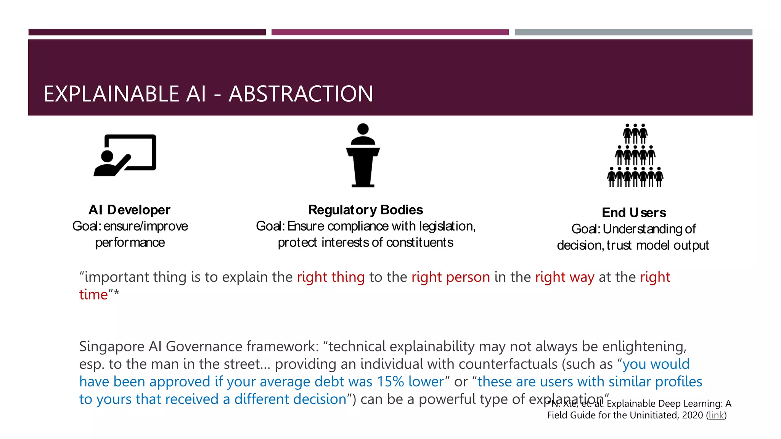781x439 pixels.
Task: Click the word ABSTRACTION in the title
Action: click(301, 94)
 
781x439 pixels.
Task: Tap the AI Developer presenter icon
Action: click(125, 155)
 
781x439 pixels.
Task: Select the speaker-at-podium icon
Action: click(363, 155)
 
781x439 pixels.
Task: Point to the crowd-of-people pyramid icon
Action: click(635, 155)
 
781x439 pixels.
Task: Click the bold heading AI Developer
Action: click(129, 210)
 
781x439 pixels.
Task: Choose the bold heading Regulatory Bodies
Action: click(365, 210)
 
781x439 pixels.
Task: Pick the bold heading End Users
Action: click(634, 212)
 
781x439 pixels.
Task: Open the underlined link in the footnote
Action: click(716, 415)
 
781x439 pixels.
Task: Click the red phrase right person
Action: click(450, 277)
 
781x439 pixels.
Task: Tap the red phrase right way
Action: click(564, 277)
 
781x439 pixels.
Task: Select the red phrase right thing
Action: click(331, 277)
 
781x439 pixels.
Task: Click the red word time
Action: click(93, 295)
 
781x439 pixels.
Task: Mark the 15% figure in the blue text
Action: click(390, 381)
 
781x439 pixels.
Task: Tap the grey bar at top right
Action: click(633, 32)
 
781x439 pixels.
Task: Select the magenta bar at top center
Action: click(390, 32)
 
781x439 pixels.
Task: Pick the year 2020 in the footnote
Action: click(692, 415)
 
